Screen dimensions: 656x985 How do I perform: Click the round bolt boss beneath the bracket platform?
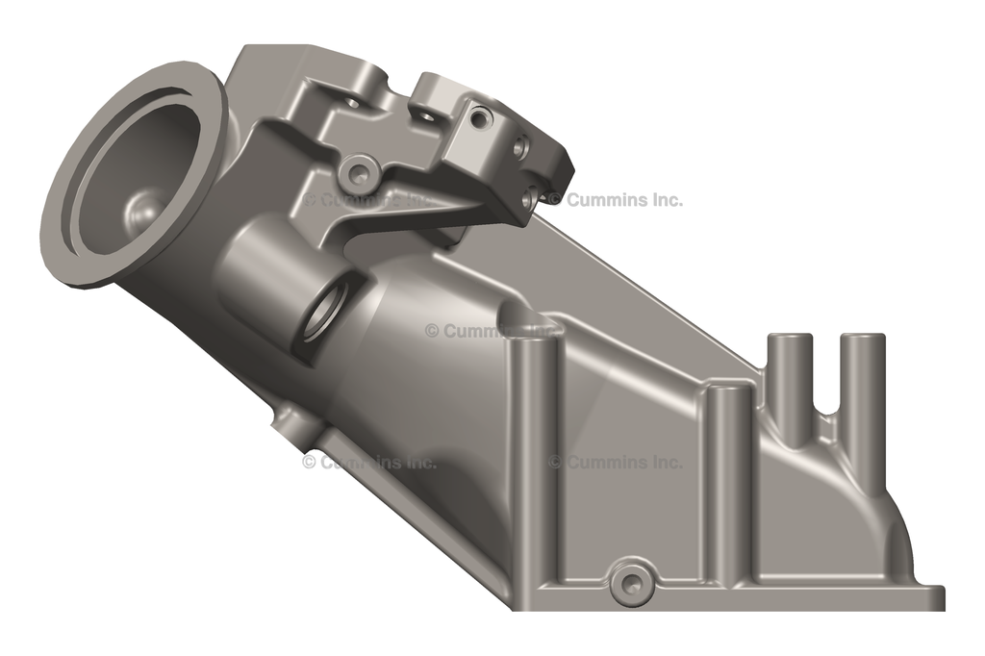pyautogui.click(x=359, y=173)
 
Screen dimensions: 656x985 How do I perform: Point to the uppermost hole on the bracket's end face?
pyautogui.click(x=482, y=118)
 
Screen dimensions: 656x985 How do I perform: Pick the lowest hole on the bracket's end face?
pyautogui.click(x=527, y=198)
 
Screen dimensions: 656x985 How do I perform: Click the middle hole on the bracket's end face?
pyautogui.click(x=520, y=147)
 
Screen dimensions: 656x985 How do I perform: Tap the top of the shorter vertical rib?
pyautogui.click(x=728, y=390)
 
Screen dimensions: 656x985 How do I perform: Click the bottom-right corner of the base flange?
pyautogui.click(x=941, y=606)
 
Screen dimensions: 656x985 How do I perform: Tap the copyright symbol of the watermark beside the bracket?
pyautogui.click(x=554, y=200)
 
